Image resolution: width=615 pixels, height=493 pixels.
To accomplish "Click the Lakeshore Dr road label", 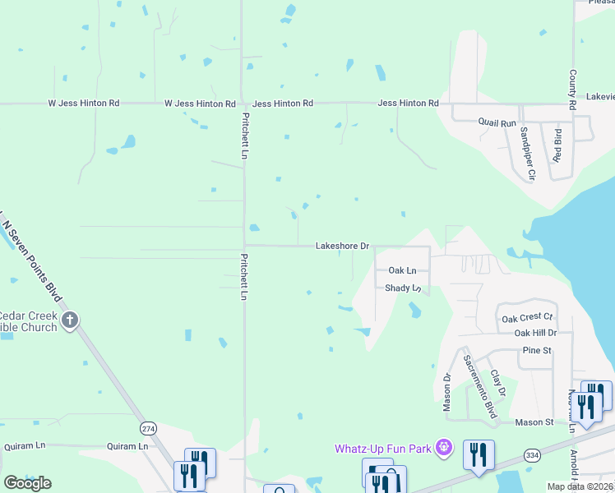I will coord(343,246).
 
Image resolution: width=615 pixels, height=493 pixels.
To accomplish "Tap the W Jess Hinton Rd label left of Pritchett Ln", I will coord(201,104).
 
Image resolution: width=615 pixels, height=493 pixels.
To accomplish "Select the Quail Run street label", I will coord(497,122).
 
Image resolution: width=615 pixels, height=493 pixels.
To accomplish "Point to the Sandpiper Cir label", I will coord(525,153).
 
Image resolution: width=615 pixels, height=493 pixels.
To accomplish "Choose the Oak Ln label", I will coord(402,270).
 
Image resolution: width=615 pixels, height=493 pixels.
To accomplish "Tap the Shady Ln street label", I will coord(403,288).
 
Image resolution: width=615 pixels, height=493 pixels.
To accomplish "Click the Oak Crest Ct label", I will coord(527,318).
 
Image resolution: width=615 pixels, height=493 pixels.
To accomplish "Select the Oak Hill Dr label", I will coord(535,333).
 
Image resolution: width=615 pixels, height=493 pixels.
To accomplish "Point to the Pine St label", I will coord(535,351).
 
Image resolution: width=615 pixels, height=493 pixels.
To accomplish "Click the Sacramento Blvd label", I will coord(479,387).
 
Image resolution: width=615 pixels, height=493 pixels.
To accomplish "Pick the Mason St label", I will coord(534,422).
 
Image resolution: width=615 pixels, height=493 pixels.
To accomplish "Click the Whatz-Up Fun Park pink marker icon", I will coord(444,448).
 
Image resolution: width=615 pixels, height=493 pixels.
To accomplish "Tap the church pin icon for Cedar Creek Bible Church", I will coord(70,319).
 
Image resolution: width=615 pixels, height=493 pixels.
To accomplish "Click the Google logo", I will coord(27,483).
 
